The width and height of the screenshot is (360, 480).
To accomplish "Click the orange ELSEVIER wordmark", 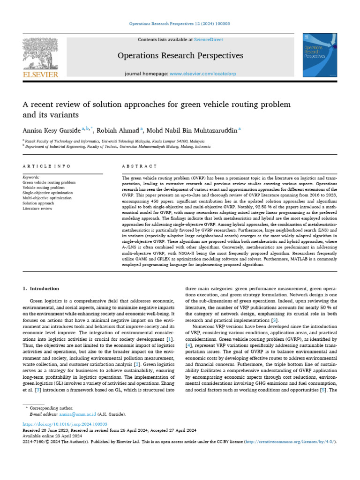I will (41, 75).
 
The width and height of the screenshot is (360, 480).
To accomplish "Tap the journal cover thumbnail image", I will (321, 55).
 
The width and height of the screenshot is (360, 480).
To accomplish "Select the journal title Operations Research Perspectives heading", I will (180, 56).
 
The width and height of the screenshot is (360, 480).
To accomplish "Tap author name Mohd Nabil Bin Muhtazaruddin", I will (191, 131).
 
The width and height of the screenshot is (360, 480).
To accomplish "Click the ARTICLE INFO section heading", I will (47, 166).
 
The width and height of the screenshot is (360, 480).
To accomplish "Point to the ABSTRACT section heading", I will (139, 166).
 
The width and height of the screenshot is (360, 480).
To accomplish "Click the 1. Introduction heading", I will (41, 289).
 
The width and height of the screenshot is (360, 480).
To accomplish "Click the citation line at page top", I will (180, 24).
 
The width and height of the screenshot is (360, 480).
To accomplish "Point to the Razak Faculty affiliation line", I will (115, 141).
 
